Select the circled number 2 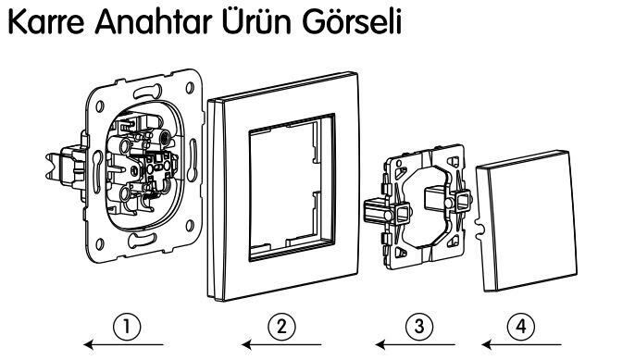(281, 325)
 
